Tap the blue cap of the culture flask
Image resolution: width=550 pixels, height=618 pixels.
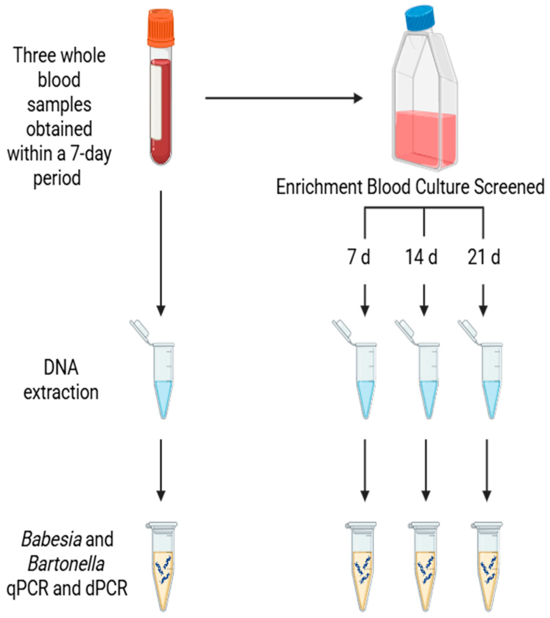tap(420, 17)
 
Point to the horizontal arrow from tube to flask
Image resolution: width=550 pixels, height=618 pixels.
tap(284, 98)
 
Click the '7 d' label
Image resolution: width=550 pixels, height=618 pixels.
tap(359, 257)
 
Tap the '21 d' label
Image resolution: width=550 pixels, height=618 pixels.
tap(483, 257)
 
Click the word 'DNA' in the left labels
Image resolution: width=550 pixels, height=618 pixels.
tap(61, 368)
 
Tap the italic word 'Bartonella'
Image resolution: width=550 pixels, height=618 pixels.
tap(66, 564)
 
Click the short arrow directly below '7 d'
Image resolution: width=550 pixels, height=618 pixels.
tap(365, 300)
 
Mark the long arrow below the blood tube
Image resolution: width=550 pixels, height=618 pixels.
tap(161, 252)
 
